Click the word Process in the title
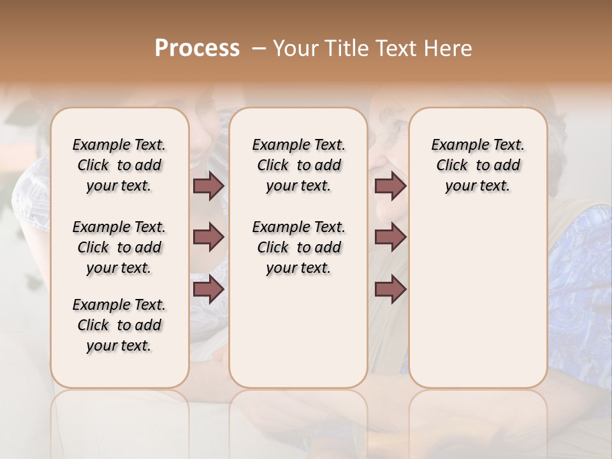pyautogui.click(x=197, y=48)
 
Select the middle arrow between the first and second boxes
pyautogui.click(x=208, y=237)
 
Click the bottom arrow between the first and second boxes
pyautogui.click(x=208, y=289)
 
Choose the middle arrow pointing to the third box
pyautogui.click(x=390, y=237)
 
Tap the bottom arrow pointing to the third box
pyautogui.click(x=390, y=289)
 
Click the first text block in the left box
pyautogui.click(x=119, y=165)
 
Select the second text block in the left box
pyautogui.click(x=119, y=247)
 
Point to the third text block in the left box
pyautogui.click(x=119, y=325)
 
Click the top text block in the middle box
pyautogui.click(x=298, y=165)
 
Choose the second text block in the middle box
pyautogui.click(x=298, y=247)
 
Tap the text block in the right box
pyautogui.click(x=478, y=165)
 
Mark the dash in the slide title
pyautogui.click(x=259, y=48)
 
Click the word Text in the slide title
pyautogui.click(x=396, y=48)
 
